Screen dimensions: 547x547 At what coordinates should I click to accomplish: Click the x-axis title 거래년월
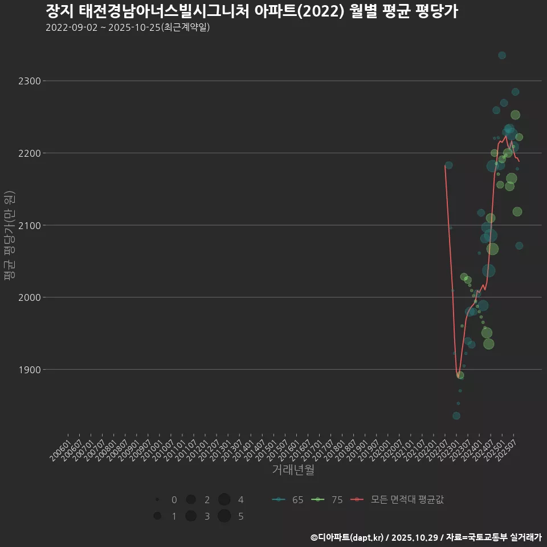[293, 470]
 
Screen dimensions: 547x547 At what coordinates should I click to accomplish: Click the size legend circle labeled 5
[224, 516]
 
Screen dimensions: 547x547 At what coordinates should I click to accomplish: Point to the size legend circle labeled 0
[157, 500]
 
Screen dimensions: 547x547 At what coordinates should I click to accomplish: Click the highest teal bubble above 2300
[502, 55]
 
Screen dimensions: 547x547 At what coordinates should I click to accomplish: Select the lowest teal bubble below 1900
[456, 416]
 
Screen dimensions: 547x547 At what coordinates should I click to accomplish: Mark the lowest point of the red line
[458, 377]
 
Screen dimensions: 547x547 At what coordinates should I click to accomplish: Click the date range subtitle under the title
[128, 27]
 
